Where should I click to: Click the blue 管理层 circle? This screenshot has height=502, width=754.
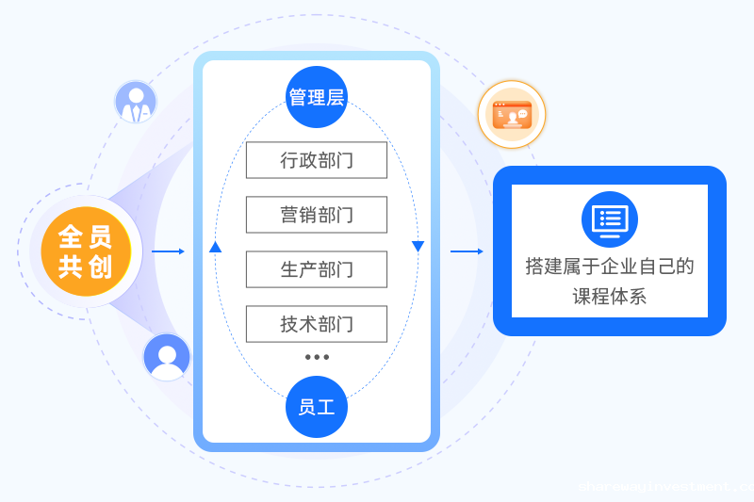[x=317, y=97]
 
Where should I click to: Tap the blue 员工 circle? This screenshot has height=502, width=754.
[x=317, y=407]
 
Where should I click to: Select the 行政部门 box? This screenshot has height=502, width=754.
[x=317, y=160]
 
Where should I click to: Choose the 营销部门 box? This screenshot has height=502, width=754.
[x=317, y=215]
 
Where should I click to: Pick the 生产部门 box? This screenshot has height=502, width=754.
[x=317, y=269]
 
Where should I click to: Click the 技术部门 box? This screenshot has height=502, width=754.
[x=317, y=324]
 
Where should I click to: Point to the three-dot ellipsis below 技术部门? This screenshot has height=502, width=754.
[x=317, y=357]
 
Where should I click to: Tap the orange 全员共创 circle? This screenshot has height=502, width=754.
[x=86, y=251]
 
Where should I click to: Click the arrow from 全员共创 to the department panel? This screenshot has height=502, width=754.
[x=168, y=251]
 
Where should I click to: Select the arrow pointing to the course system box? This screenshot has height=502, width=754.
[x=467, y=251]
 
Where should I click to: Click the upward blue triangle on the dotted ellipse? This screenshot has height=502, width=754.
[x=215, y=247]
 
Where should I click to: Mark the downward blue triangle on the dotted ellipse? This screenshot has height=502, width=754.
[x=418, y=247]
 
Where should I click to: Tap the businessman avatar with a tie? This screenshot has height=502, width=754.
[x=136, y=102]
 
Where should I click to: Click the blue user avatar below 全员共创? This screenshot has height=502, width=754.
[x=167, y=357]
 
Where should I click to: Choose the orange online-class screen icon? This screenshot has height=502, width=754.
[x=512, y=114]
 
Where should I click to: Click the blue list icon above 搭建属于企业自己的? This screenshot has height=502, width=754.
[x=609, y=219]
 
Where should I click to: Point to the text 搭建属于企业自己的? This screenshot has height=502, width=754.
[x=609, y=267]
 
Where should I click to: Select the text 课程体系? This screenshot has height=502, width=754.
[x=609, y=297]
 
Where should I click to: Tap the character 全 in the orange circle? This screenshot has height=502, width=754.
[x=72, y=236]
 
